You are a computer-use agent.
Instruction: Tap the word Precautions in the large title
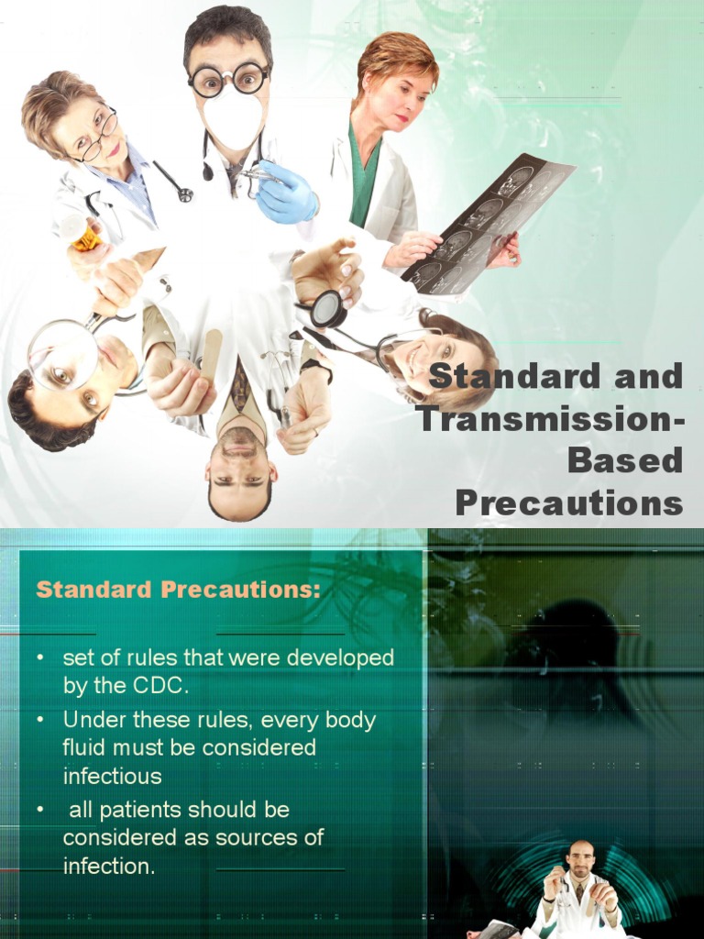click(x=568, y=503)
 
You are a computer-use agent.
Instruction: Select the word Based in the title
click(x=625, y=460)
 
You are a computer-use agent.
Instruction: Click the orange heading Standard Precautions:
click(x=178, y=590)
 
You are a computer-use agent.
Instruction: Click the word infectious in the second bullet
click(x=112, y=776)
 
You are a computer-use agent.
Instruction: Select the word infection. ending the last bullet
click(x=109, y=866)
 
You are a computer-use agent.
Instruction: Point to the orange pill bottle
click(x=85, y=237)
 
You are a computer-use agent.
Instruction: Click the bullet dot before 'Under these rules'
click(x=40, y=720)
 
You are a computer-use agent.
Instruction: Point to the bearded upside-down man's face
click(x=239, y=468)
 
